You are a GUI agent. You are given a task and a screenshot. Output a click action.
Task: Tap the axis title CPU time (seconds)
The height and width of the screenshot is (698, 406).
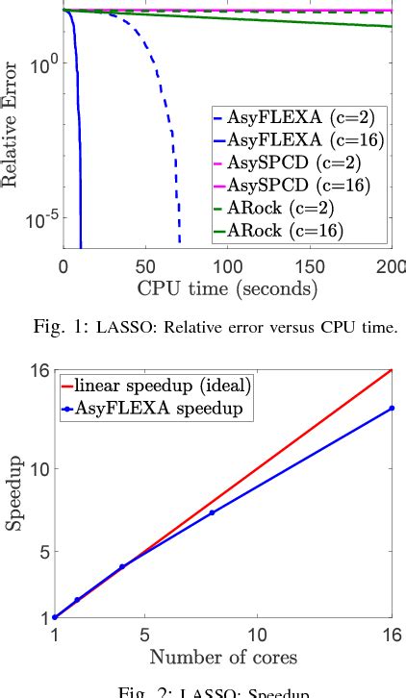(227, 286)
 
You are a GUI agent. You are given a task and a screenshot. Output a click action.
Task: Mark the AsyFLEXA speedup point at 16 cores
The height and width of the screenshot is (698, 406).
(392, 408)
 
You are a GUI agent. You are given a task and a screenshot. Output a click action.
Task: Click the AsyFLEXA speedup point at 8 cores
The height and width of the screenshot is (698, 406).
(212, 512)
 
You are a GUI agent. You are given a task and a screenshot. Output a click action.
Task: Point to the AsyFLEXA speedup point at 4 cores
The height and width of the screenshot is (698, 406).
(121, 566)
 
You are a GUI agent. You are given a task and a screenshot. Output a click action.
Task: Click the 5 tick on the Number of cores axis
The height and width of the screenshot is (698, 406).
(144, 636)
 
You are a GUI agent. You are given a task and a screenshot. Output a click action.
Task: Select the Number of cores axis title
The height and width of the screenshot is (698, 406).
(223, 658)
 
